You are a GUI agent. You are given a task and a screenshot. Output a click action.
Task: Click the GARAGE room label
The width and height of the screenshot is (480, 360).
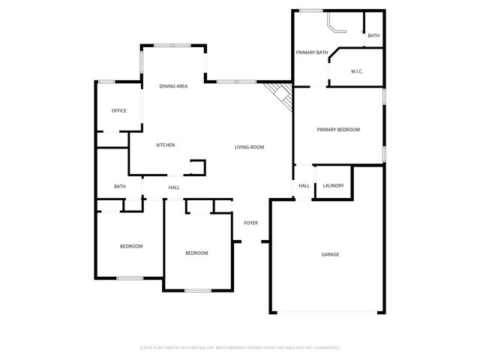331,254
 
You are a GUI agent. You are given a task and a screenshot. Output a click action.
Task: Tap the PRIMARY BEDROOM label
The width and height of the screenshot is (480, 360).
338,130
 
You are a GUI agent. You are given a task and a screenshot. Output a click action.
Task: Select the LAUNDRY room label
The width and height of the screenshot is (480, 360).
334,186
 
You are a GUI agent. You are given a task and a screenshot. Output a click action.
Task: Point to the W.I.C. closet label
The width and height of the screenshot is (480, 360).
357,72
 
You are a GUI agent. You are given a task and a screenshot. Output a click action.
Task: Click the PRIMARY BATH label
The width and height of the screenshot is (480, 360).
312,52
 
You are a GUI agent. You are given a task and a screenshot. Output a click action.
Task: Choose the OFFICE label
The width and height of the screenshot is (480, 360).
118,111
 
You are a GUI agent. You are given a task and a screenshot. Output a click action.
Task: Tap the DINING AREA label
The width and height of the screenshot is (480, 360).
173,87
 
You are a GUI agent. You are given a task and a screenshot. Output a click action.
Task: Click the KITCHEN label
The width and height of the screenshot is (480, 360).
166,145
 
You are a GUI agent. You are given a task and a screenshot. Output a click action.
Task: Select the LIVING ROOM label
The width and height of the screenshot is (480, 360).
249,147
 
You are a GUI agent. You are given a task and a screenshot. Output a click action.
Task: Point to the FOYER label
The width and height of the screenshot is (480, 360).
250,223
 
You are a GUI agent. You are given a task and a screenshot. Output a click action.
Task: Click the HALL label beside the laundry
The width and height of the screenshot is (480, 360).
304,186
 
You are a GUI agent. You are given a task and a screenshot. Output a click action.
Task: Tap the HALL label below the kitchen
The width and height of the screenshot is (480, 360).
174,187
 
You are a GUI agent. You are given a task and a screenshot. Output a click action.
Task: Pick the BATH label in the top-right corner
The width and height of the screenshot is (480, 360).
373,35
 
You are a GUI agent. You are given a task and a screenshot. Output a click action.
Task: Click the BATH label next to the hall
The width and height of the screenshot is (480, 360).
120,187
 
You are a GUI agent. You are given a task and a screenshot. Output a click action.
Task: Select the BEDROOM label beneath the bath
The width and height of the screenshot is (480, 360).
131,246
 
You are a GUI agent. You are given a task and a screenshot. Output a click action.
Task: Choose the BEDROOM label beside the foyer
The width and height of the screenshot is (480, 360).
196,253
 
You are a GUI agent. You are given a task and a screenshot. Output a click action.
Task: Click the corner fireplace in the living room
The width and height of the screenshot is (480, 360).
280,94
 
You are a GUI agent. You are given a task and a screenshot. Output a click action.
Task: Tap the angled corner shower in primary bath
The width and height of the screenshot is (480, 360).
334,27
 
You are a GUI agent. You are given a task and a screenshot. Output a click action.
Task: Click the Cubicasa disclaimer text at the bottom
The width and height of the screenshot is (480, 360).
240,348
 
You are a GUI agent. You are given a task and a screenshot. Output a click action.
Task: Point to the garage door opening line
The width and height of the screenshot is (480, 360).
328,313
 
